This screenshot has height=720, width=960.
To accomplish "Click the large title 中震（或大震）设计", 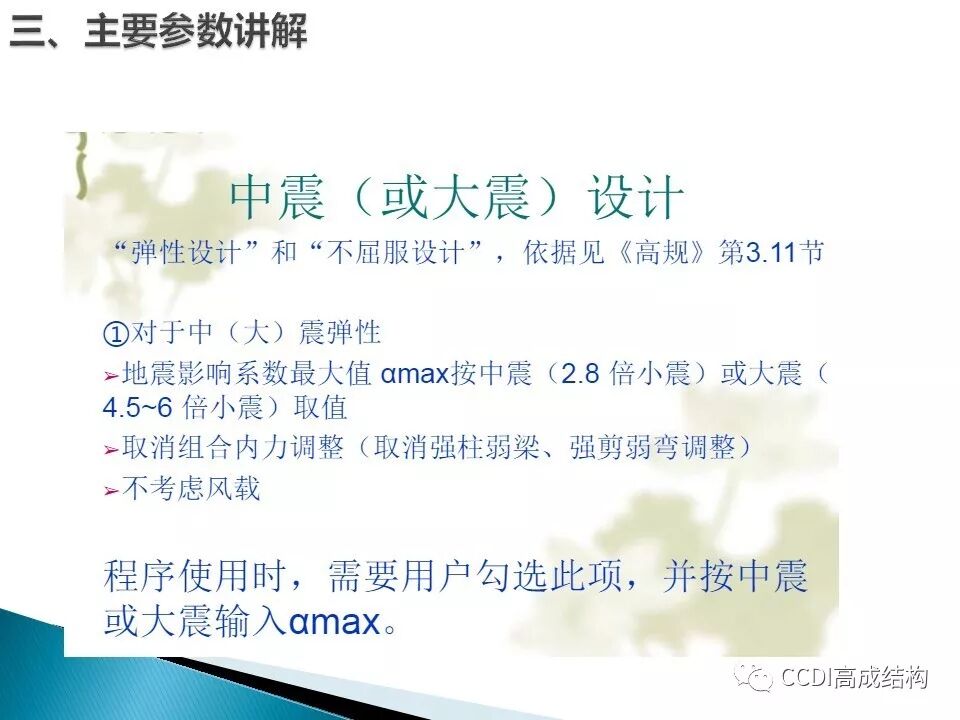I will click(x=457, y=198).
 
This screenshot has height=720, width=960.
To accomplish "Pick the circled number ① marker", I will click(x=116, y=333).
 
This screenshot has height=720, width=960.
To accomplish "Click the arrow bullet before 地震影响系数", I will click(x=111, y=377).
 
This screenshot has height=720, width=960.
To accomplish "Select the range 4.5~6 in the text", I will click(x=138, y=408).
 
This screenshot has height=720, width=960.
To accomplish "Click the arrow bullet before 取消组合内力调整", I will click(x=111, y=450).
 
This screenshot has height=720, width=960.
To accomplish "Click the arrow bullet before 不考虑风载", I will click(x=111, y=490).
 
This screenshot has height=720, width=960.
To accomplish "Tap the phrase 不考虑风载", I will click(x=191, y=488).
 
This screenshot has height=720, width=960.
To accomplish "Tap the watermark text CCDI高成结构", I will click(x=855, y=677).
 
